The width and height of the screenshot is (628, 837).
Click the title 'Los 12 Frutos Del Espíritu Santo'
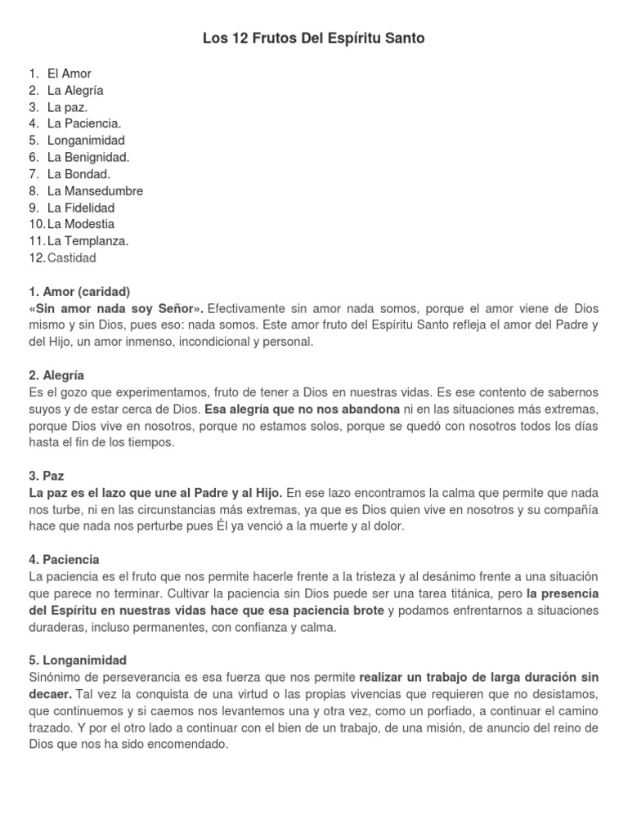tap(314, 38)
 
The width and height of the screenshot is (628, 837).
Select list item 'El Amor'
tap(70, 74)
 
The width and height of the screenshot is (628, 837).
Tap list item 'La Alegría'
tap(75, 91)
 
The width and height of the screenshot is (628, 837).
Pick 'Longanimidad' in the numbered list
tap(86, 141)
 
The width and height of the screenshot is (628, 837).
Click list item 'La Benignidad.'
tap(88, 157)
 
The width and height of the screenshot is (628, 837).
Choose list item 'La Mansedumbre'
tap(95, 190)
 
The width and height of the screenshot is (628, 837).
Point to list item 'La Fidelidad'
tap(81, 208)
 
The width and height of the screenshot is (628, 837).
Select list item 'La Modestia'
tap(81, 224)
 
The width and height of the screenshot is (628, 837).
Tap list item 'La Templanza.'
tap(87, 241)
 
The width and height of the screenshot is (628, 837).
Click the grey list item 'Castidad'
tap(72, 257)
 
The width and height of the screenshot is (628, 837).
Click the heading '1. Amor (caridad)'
tap(79, 292)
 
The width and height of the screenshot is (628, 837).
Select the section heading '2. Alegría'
tap(56, 375)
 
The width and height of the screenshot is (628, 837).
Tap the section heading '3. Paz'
tap(47, 476)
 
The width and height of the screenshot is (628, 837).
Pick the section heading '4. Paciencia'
tap(64, 560)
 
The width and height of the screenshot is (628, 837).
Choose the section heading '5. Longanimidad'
tap(78, 660)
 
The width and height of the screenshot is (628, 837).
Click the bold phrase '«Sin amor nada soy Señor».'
tap(116, 308)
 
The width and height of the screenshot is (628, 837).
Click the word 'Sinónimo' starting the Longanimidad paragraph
tap(54, 678)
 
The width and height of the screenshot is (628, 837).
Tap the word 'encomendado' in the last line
tap(189, 744)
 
